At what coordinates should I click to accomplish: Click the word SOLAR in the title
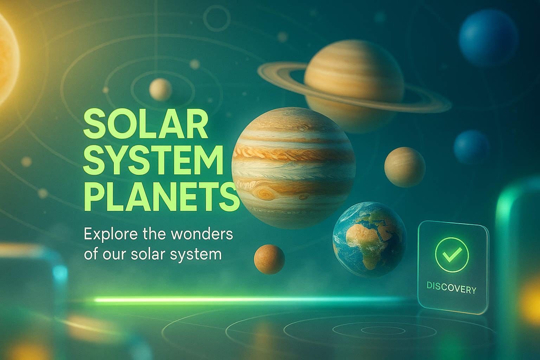click(145, 123)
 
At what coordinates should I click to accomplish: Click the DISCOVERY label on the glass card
click(451, 287)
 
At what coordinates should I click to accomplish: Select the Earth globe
click(369, 239)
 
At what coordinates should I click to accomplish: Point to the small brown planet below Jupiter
click(269, 259)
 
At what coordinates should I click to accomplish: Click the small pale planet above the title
click(160, 90)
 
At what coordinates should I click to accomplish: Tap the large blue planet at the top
click(488, 39)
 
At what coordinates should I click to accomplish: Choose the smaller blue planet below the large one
click(471, 147)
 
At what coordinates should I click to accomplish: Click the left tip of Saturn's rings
click(258, 70)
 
